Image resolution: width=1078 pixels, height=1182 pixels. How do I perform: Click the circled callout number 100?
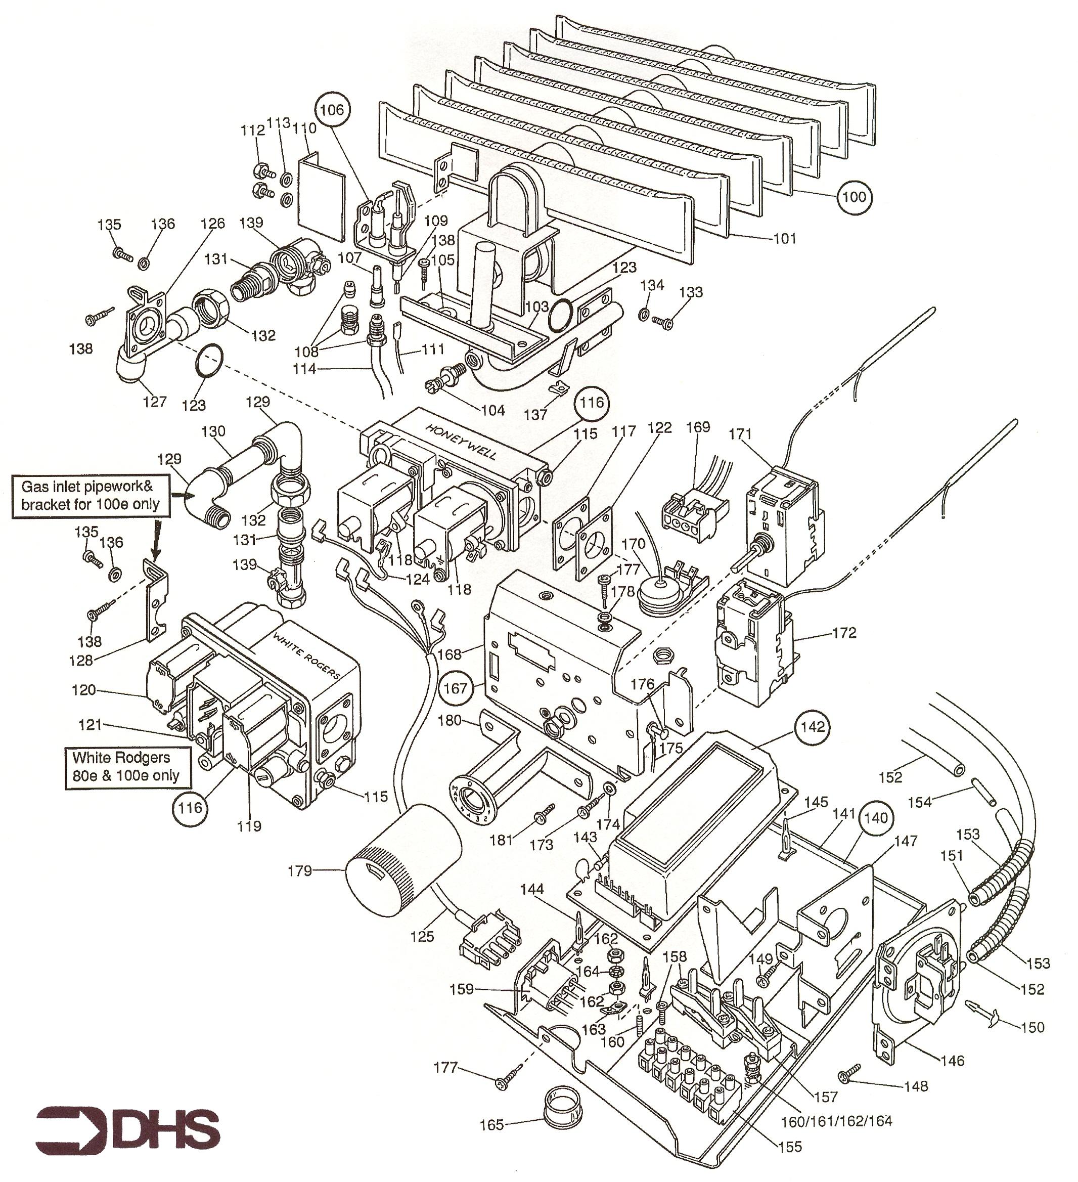tap(854, 197)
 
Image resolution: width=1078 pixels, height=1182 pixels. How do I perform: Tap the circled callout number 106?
tap(332, 110)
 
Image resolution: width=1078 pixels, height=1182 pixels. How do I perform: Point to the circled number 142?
tap(813, 727)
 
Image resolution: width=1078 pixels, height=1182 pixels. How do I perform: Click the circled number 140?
tap(876, 818)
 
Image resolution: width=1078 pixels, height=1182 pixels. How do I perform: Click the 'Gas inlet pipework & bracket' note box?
tap(91, 496)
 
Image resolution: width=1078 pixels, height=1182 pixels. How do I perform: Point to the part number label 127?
tap(155, 402)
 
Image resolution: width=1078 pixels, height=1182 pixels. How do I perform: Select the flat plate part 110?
tap(321, 198)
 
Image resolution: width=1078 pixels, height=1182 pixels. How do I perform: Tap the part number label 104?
tap(493, 410)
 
